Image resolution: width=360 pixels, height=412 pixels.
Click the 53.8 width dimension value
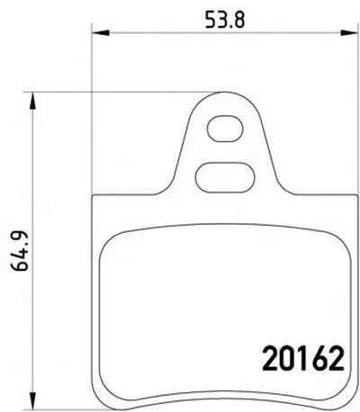[x=225, y=20]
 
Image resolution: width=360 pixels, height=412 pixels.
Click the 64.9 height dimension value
[x=20, y=251]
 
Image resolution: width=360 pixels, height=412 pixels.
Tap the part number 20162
[x=303, y=358]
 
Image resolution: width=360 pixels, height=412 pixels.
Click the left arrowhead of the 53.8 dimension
[x=100, y=32]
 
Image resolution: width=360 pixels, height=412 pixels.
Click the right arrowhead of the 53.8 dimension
[x=350, y=32]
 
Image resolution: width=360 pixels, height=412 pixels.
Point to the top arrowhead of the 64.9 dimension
[x=32, y=101]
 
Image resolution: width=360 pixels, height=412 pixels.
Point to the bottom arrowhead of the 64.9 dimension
[x=32, y=399]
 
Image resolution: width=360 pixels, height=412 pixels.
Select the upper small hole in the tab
[x=225, y=129]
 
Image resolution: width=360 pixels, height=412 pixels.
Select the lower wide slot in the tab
[x=225, y=178]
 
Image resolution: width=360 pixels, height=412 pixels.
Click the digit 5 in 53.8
[x=211, y=20]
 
